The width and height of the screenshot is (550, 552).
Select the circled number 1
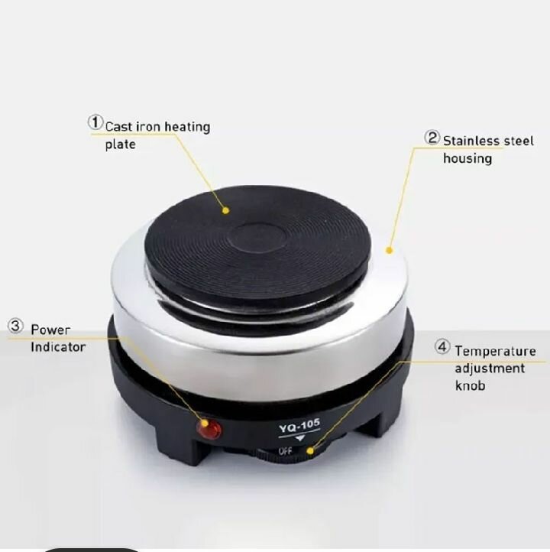95,122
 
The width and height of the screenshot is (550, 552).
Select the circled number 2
432,138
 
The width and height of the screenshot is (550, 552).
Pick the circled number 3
16,326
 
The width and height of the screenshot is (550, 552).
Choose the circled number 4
443,347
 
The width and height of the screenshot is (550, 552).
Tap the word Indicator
58,347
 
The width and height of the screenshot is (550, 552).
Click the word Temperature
496,351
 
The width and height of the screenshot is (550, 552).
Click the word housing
467,159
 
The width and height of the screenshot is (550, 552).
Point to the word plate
120,144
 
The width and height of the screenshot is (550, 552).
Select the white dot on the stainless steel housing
389,249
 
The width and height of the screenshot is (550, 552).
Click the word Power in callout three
50,330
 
